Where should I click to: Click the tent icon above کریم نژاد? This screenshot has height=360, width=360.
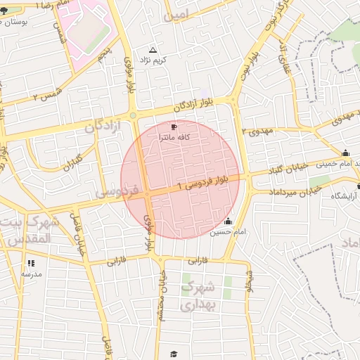click(153, 50)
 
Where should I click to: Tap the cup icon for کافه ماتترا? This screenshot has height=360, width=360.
click(174, 127)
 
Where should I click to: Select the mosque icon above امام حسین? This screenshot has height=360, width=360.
click(227, 221)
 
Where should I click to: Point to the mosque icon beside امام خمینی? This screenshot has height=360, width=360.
click(345, 153)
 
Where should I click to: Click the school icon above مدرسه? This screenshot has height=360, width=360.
click(31, 263)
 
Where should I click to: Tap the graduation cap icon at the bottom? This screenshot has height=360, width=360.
click(174, 354)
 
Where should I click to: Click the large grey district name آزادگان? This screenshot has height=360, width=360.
click(103, 127)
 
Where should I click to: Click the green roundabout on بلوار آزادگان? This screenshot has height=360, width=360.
click(132, 115)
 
